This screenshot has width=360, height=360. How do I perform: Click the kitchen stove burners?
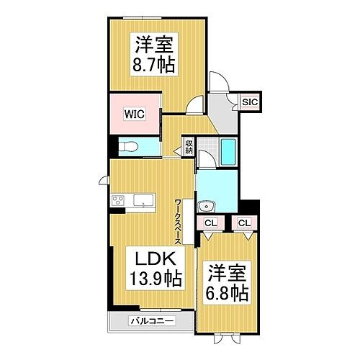click(117, 200)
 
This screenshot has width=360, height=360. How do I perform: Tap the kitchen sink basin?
click(146, 201)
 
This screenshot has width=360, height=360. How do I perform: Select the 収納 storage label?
click(189, 147)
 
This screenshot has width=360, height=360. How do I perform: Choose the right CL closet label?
click(244, 223)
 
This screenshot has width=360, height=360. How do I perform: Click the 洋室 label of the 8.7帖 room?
click(153, 42)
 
